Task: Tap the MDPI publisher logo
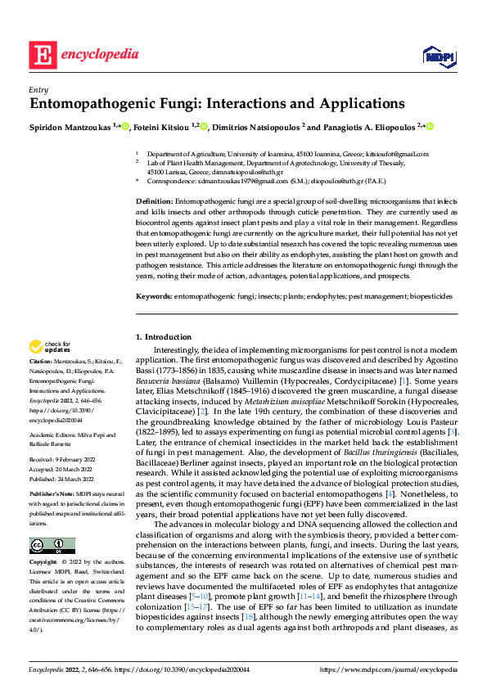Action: click(x=439, y=56)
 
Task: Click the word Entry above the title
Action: click(x=37, y=90)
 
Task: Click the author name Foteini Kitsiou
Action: click(x=159, y=127)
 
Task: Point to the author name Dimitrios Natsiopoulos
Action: click(x=257, y=127)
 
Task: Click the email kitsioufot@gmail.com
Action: click(x=396, y=154)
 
